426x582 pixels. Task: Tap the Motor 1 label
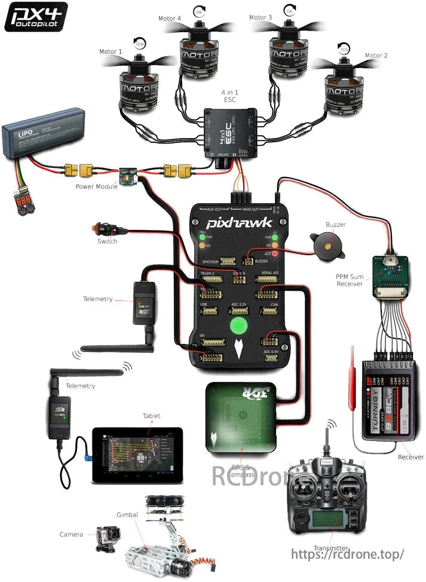click(111, 52)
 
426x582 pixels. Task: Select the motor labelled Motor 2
click(342, 89)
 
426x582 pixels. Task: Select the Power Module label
click(96, 186)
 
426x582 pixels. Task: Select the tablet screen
click(137, 454)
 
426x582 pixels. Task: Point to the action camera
click(108, 538)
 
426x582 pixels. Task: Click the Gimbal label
click(127, 514)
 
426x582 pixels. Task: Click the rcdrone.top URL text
click(348, 554)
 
